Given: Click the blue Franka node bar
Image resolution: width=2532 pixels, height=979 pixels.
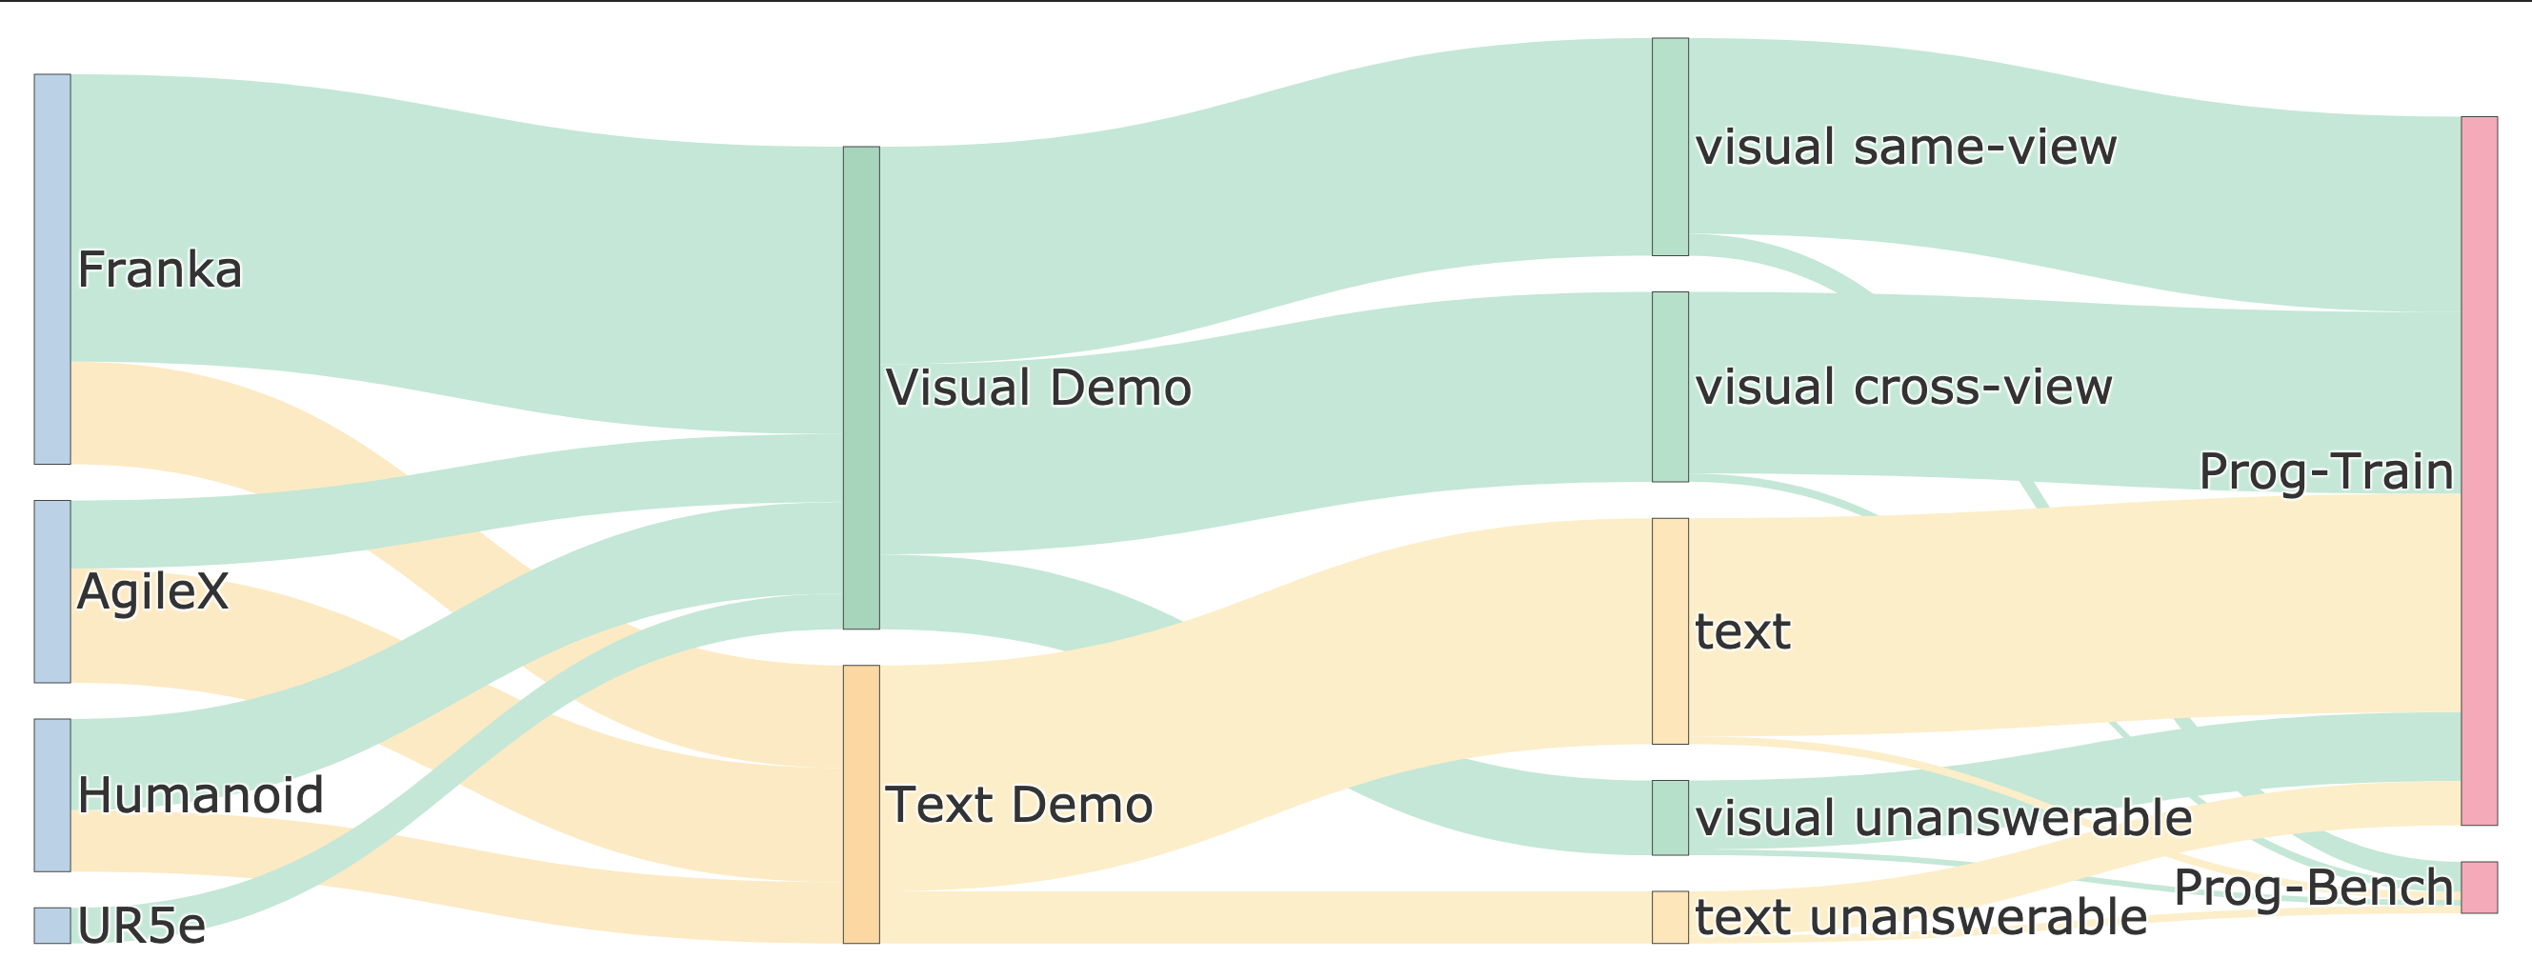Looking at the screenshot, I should tap(52, 269).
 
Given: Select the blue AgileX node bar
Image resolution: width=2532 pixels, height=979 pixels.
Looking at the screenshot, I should tap(52, 590).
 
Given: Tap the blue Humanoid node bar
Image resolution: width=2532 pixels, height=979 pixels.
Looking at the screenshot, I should tap(52, 794).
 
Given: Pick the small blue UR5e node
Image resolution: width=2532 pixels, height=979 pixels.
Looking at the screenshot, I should tap(52, 924).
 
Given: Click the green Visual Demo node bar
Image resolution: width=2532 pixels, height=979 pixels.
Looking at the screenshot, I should tap(861, 388).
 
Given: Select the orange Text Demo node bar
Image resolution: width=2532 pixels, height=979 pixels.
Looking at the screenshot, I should tap(861, 803).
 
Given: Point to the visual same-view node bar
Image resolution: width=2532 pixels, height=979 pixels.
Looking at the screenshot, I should tap(1670, 147).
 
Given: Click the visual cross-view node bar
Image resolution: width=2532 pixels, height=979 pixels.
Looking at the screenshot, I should tap(1670, 387).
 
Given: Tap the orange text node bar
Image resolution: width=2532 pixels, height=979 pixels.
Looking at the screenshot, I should tap(1670, 630).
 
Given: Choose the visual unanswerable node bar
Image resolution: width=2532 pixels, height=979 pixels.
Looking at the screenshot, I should tap(1670, 817).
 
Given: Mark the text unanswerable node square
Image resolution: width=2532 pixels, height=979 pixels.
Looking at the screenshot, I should tap(1670, 916).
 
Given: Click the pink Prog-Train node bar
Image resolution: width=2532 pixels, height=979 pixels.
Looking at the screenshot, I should tap(2479, 470).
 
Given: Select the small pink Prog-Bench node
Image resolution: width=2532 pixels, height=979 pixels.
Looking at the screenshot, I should tap(2479, 887).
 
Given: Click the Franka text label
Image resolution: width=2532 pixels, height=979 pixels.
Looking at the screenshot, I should tap(159, 270).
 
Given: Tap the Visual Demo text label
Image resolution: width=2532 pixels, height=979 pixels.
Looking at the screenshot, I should tap(1038, 388).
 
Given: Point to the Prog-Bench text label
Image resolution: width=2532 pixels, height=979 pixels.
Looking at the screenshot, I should tap(2313, 888).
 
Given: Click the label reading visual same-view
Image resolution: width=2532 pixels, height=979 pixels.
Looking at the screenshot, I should tap(1906, 148).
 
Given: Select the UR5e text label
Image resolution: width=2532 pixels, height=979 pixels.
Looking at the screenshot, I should tap(142, 926).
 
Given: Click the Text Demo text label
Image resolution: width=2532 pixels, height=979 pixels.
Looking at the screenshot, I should tap(1018, 805).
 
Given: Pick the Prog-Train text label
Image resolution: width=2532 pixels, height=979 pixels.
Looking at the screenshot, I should tap(2324, 470).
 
